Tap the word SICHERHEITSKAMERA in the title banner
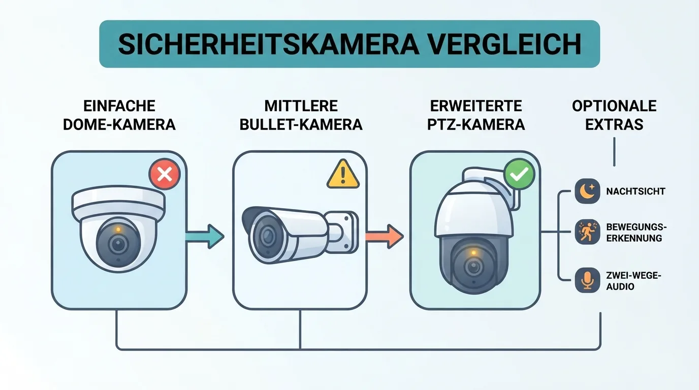click(268, 44)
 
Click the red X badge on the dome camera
click(165, 174)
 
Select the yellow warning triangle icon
click(343, 174)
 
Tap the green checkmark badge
click(519, 174)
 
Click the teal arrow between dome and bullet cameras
click(205, 237)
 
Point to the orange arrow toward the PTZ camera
click(384, 237)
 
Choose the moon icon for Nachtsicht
click(587, 191)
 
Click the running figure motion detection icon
click(587, 232)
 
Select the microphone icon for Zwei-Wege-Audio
click(587, 280)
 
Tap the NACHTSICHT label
click(636, 191)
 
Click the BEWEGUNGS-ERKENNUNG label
click(637, 233)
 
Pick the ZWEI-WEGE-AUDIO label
click(634, 281)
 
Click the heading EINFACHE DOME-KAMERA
click(119, 115)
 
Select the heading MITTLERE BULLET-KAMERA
click(301, 115)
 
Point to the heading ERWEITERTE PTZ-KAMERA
click(476, 115)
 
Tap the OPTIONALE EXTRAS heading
click(614, 115)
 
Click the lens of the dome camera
click(118, 244)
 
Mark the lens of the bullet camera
click(267, 235)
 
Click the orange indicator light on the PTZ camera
click(473, 252)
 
